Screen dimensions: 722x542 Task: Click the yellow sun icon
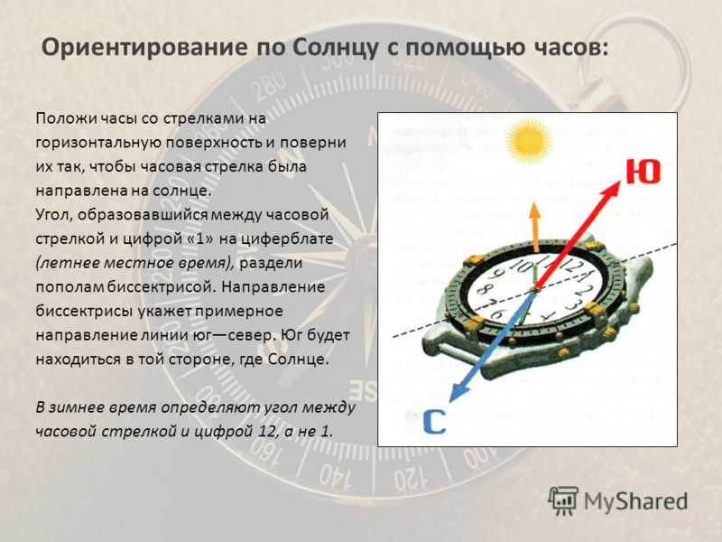[528, 140]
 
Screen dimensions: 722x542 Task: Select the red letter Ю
[643, 171]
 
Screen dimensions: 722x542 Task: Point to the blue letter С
[434, 421]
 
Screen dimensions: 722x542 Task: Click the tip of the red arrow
[621, 182]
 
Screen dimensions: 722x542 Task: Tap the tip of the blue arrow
[449, 402]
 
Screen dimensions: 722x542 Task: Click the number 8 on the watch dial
[484, 290]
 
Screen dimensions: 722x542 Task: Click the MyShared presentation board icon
[563, 500]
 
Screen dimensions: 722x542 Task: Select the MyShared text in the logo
[635, 501]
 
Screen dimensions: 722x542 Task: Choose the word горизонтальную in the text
[98, 143]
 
